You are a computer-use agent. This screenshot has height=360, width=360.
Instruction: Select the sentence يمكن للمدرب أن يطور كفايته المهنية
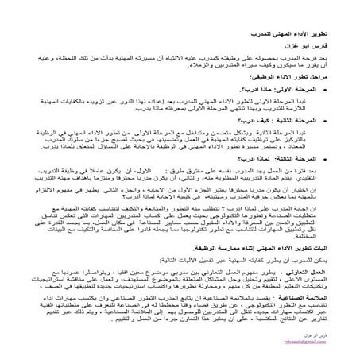click(x=262, y=260)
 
